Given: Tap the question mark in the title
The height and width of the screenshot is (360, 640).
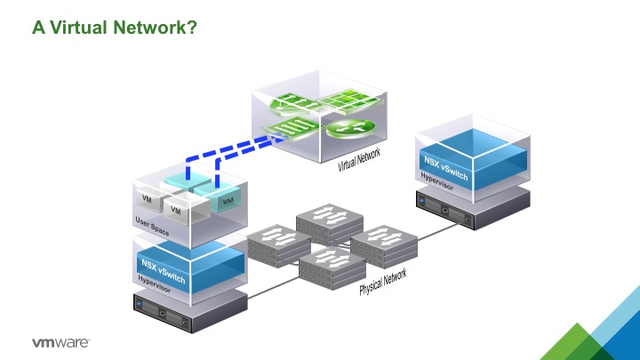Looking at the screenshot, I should [x=191, y=28].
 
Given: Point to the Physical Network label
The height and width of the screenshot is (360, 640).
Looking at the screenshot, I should [x=382, y=283].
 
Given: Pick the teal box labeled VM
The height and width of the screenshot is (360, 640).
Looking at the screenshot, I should [x=228, y=201].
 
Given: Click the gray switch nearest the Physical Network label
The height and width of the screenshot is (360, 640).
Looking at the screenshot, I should [x=332, y=267].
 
